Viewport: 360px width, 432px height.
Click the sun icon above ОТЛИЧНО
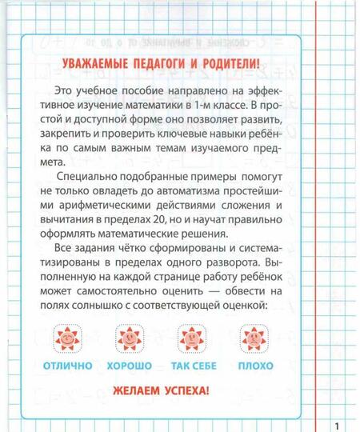[x=66, y=339]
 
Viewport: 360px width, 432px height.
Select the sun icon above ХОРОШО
[x=129, y=339]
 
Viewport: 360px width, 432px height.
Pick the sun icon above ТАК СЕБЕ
[x=192, y=339]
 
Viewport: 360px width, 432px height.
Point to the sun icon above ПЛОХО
[x=255, y=339]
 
